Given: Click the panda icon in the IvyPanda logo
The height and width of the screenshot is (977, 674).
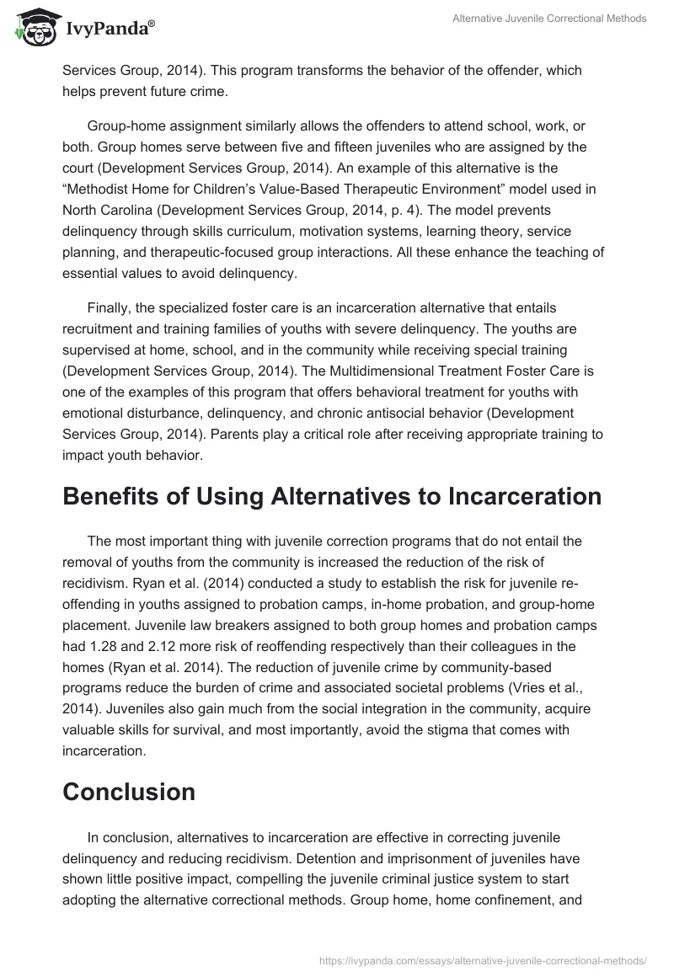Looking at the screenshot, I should [33, 28].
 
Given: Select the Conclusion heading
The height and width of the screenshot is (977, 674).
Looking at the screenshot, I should [129, 792].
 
